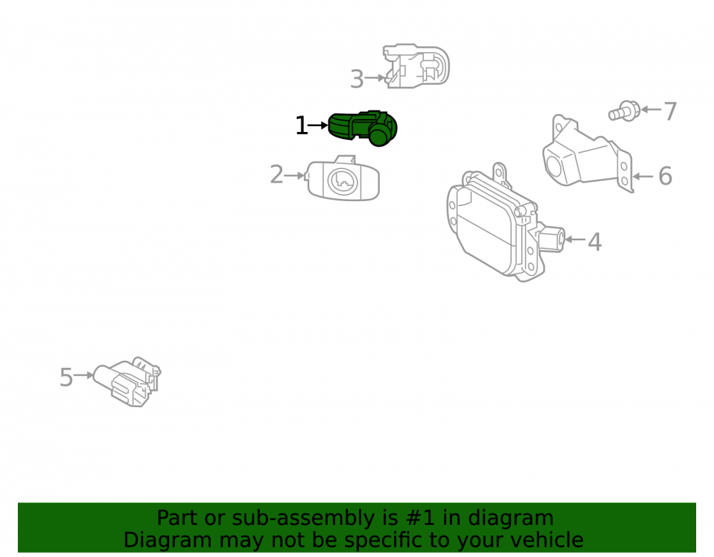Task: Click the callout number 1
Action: pos(301,126)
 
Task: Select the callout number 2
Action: pos(276,175)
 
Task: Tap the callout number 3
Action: pos(357,79)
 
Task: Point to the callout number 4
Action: pos(595,242)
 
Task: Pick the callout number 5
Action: pos(66,377)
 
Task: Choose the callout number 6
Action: pos(665,176)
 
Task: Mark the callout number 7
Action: pos(670,112)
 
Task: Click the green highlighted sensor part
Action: pos(363,128)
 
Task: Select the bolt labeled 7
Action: pos(624,111)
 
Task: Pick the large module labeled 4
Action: pos(501,223)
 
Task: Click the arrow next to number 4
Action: pos(575,239)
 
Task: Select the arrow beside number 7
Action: pos(650,110)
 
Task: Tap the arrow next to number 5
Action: pos(84,375)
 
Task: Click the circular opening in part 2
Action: pos(343,181)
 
